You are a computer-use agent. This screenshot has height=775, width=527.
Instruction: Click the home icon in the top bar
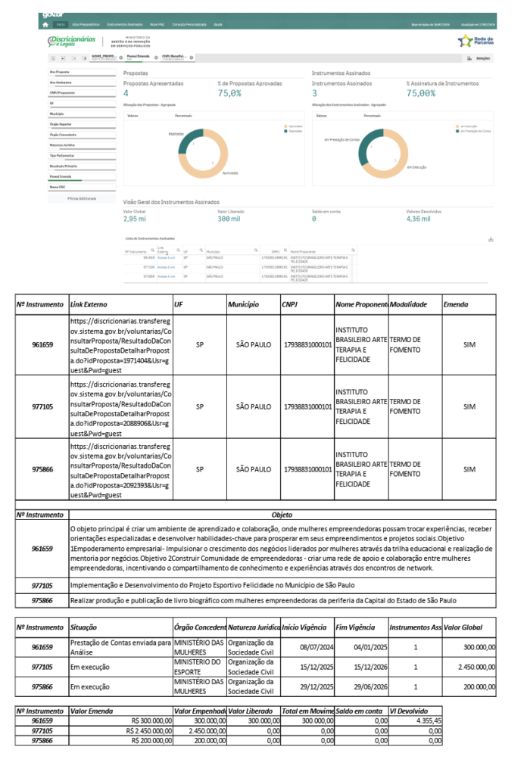[x=45, y=24]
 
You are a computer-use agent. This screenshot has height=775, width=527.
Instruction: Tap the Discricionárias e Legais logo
[x=71, y=41]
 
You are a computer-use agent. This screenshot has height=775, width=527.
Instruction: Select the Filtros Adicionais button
[x=82, y=198]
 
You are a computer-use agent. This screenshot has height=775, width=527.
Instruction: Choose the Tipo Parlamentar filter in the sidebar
[x=62, y=155]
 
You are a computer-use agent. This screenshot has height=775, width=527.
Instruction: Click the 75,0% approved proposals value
[x=229, y=93]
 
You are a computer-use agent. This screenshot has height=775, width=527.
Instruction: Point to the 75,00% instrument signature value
[x=420, y=93]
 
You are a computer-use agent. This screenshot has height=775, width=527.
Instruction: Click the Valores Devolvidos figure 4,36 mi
[x=418, y=219]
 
